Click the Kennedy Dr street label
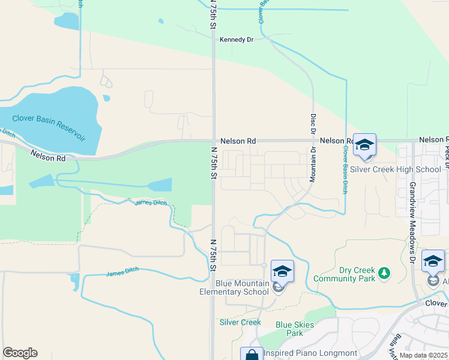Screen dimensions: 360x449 [237, 40]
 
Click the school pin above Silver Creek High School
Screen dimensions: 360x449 [364, 145]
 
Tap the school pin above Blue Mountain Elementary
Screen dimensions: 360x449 [282, 271]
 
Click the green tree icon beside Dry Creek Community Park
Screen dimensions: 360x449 [384, 274]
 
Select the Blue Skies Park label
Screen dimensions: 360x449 [294, 329]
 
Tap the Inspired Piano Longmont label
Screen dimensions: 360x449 [310, 353]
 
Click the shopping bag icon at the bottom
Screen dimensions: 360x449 [252, 355]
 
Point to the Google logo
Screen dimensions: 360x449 [20, 353]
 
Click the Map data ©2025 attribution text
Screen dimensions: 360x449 [423, 355]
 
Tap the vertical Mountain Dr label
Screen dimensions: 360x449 [313, 167]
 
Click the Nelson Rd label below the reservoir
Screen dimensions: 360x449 [48, 157]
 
